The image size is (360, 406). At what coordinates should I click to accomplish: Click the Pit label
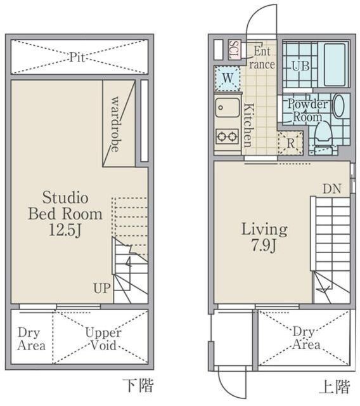coord(77,57)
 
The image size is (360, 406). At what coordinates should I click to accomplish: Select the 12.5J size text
coord(65,230)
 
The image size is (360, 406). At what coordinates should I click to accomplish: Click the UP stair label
coord(102,288)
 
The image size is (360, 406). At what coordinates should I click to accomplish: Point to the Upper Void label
coord(103,339)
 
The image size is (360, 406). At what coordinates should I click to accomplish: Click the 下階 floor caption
coord(138,385)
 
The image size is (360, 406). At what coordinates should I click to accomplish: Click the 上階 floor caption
coord(335,387)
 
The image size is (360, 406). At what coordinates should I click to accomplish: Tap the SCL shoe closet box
coord(235,50)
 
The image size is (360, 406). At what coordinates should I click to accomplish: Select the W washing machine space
coord(228,78)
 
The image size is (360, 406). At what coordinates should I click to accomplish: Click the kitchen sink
coord(228,107)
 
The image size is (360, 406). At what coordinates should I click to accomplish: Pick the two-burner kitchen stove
coord(228,136)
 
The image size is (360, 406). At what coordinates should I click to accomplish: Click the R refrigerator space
coord(290,143)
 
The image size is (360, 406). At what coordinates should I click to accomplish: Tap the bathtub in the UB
coord(335,65)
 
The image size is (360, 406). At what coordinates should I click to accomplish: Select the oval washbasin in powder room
coord(339,106)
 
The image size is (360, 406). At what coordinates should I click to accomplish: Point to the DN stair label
coord(332,189)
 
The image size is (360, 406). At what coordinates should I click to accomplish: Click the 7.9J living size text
coord(264,245)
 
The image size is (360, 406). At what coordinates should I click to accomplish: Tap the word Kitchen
coord(249,125)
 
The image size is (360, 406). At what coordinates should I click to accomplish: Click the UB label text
coord(301,66)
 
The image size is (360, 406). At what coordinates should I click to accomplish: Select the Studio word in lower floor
coord(65,197)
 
